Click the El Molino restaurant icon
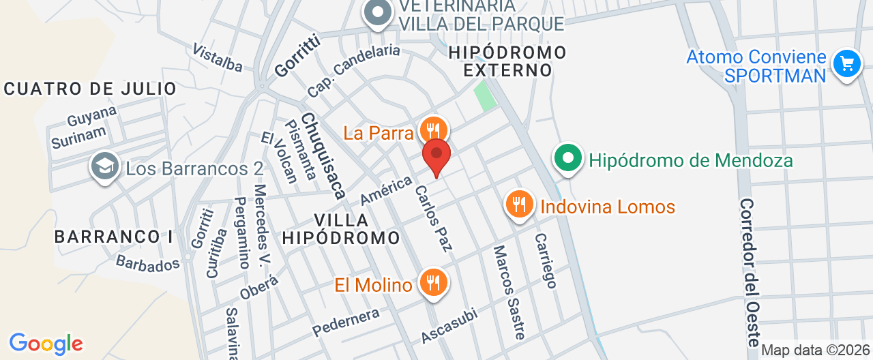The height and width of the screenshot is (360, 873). (432, 282)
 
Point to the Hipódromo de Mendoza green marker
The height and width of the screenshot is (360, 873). (567, 159)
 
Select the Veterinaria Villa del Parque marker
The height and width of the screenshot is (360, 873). (376, 13)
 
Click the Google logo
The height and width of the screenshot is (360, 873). (46, 344)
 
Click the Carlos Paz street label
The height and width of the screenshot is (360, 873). (434, 217)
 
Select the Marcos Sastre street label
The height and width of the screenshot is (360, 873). (510, 292)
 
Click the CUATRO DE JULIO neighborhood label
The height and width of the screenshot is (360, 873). (90, 89)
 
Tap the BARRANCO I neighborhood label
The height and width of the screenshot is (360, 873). (113, 237)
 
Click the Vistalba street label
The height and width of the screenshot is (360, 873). (218, 58)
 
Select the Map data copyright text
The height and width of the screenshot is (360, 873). (816, 350)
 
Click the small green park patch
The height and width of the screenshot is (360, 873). (485, 96)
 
